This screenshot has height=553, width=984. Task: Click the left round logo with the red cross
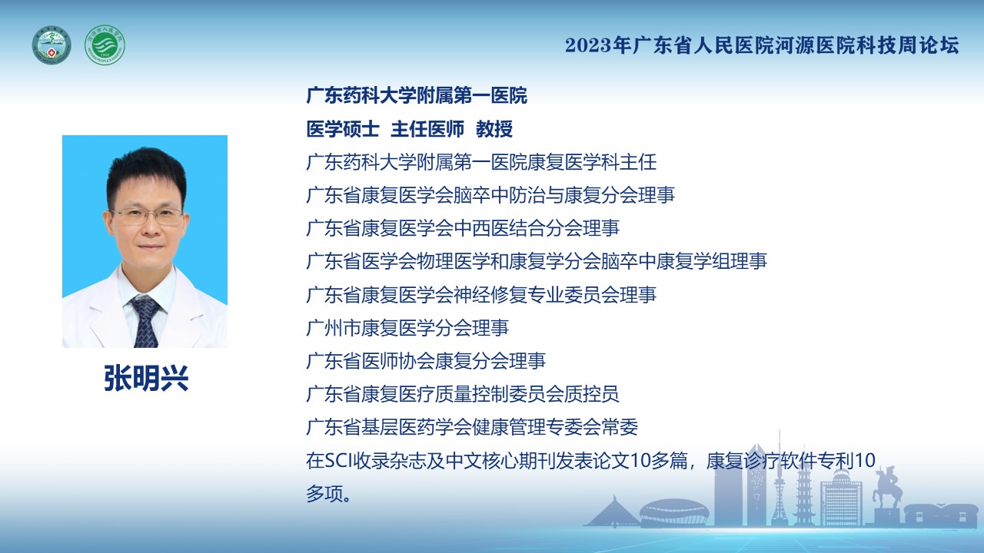tap(52, 45)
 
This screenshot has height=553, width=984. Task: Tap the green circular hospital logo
tap(105, 45)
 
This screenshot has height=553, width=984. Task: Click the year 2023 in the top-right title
tap(588, 45)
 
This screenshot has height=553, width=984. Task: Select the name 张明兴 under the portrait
tap(146, 378)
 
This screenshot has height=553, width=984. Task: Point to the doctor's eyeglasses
tap(147, 217)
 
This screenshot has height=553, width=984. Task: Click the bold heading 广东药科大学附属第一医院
tap(417, 96)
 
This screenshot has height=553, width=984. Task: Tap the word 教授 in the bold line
tap(494, 129)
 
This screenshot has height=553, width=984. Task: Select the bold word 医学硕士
tap(343, 129)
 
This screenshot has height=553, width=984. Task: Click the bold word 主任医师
tap(427, 129)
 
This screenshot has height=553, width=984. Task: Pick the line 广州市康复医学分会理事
tap(407, 328)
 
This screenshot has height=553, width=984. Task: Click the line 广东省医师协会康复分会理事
tap(426, 361)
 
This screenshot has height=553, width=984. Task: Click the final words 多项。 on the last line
tap(328, 494)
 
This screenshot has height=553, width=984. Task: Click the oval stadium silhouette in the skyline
tap(674, 512)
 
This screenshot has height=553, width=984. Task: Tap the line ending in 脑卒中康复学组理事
tap(537, 261)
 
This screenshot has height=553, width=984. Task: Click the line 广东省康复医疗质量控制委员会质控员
tap(463, 394)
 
